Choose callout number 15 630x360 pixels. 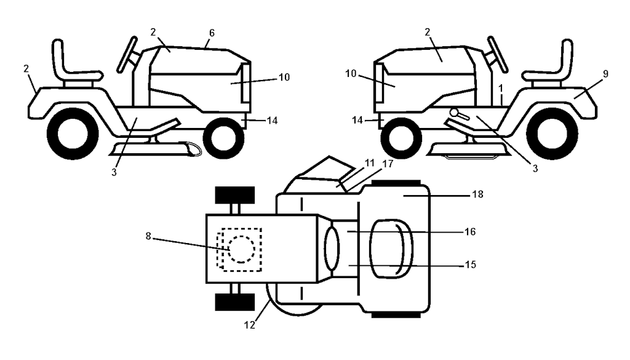click(470, 265)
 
